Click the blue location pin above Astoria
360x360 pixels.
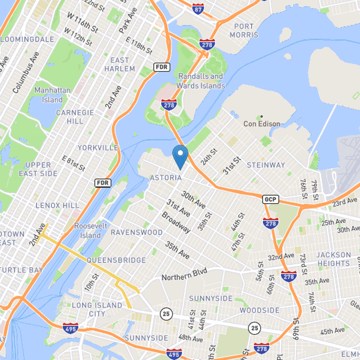click(180, 156)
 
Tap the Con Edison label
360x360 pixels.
click(262, 124)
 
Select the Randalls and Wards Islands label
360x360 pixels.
click(201, 81)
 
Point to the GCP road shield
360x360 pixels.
click(269, 198)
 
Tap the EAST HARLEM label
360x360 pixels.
click(120, 64)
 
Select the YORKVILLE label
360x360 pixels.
click(98, 148)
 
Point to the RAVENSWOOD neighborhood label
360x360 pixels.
click(136, 233)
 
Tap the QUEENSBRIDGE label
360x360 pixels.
click(117, 260)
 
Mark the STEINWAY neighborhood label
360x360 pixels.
click(266, 165)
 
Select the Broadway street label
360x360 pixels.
click(176, 222)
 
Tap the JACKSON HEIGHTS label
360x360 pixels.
click(333, 259)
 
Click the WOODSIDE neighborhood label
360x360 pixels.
click(259, 310)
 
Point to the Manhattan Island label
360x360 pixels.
click(52, 94)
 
